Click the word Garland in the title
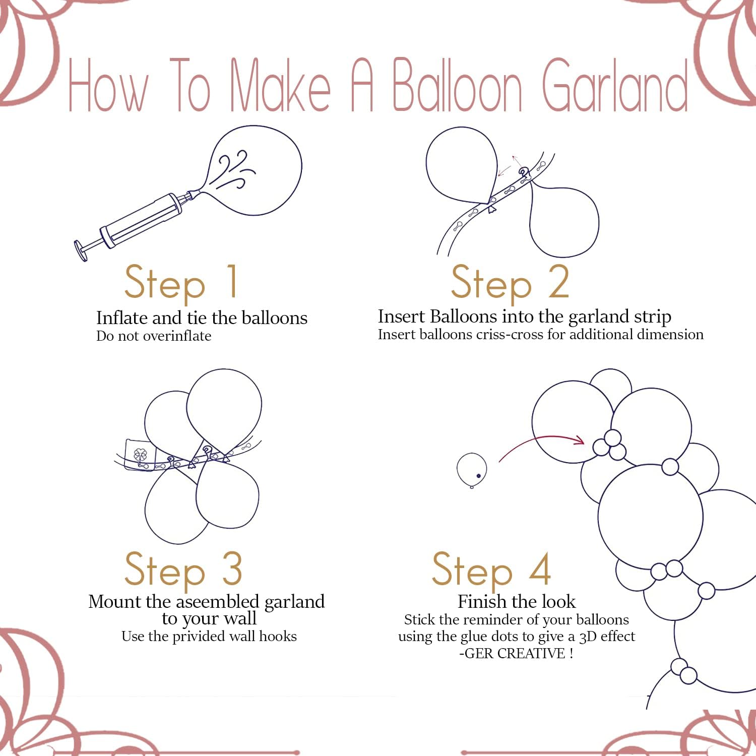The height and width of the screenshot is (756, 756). point(615,86)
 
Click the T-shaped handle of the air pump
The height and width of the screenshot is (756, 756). point(81,250)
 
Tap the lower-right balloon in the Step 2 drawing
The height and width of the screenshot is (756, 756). point(564,222)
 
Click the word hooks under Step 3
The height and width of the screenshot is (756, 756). point(278,637)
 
